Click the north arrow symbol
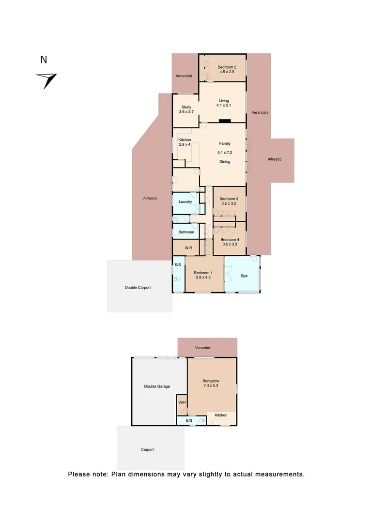point(47,79)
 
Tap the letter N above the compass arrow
point(44,60)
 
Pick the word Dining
point(224,162)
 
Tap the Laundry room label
point(185,202)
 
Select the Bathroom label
point(186,232)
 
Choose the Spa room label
point(245,276)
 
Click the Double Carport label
point(138,288)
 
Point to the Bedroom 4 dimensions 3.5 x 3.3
point(230,245)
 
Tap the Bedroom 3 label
point(229,199)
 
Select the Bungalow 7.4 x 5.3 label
point(211,384)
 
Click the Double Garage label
point(157,386)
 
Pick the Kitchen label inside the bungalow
point(221,415)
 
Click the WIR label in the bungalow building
point(182,402)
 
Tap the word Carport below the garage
point(147,450)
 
